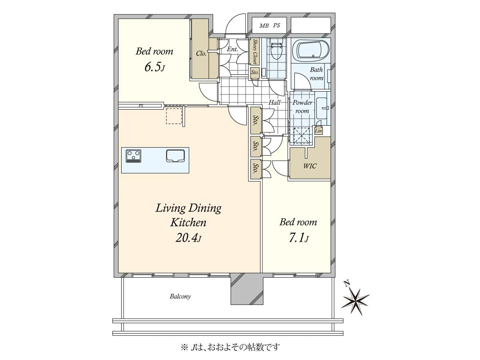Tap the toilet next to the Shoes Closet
[276, 49]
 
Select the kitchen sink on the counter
[175, 156]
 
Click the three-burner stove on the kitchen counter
[133, 156]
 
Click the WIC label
[310, 166]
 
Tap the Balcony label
[180, 296]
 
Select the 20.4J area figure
[188, 238]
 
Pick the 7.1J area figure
[298, 238]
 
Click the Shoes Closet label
[255, 52]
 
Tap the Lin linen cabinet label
[318, 131]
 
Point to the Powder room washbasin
[322, 108]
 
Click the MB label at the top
[264, 26]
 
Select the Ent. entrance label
[232, 49]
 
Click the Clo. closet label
[201, 54]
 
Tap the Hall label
[274, 102]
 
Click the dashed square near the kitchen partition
[174, 116]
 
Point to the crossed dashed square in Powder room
[302, 136]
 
